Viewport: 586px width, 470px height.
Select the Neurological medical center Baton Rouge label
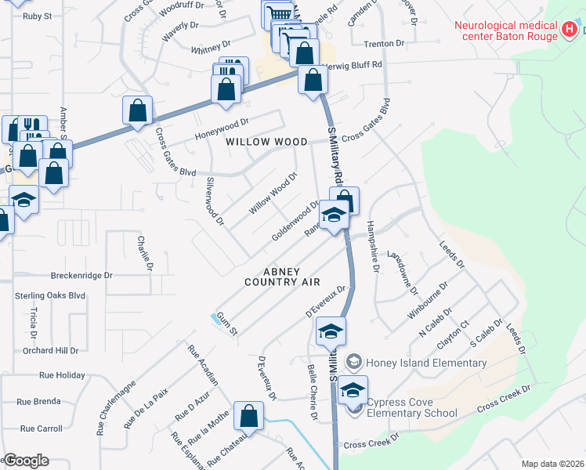tap(505, 30)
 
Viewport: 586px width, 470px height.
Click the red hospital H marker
tap(570, 31)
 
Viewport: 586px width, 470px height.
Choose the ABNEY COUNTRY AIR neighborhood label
tap(271, 277)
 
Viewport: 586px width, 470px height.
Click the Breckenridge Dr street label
tap(82, 276)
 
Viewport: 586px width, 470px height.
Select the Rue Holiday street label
tap(60, 375)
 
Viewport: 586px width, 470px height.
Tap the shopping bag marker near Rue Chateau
tap(249, 417)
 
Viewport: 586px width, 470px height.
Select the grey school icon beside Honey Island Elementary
tap(355, 361)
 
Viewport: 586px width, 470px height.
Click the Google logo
tap(26, 461)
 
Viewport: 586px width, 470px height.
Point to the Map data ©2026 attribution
tap(552, 464)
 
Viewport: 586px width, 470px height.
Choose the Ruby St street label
tap(37, 16)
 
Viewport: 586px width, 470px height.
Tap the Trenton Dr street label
tap(385, 44)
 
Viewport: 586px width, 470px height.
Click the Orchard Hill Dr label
tap(50, 350)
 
